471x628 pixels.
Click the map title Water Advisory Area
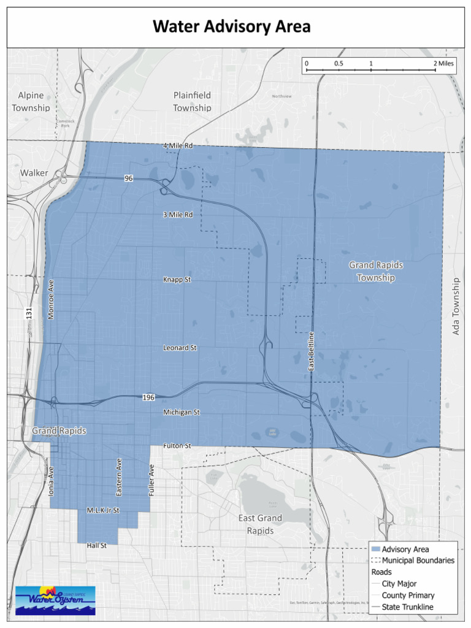pyautogui.click(x=232, y=27)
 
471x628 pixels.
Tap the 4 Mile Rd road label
pyautogui.click(x=178, y=146)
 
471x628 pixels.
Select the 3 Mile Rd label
pyautogui.click(x=178, y=215)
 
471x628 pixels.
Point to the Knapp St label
pyautogui.click(x=177, y=280)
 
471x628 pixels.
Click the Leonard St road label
pyautogui.click(x=180, y=348)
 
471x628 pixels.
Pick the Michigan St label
pyautogui.click(x=182, y=413)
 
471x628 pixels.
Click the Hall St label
pyautogui.click(x=97, y=545)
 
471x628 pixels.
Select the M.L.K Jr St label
pyautogui.click(x=102, y=510)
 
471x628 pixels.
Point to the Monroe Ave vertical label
pyautogui.click(x=52, y=299)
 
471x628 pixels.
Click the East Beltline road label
pyautogui.click(x=312, y=351)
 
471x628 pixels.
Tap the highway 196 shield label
pyautogui.click(x=148, y=397)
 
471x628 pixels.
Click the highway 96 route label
pyautogui.click(x=128, y=178)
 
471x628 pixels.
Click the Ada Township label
pyautogui.click(x=456, y=307)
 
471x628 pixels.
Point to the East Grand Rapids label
pyautogui.click(x=260, y=524)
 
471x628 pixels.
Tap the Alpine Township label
pyautogui.click(x=31, y=101)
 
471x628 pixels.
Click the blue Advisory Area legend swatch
pyautogui.click(x=376, y=549)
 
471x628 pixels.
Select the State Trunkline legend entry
pyautogui.click(x=407, y=607)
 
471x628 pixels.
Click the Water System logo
pyautogui.click(x=55, y=600)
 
